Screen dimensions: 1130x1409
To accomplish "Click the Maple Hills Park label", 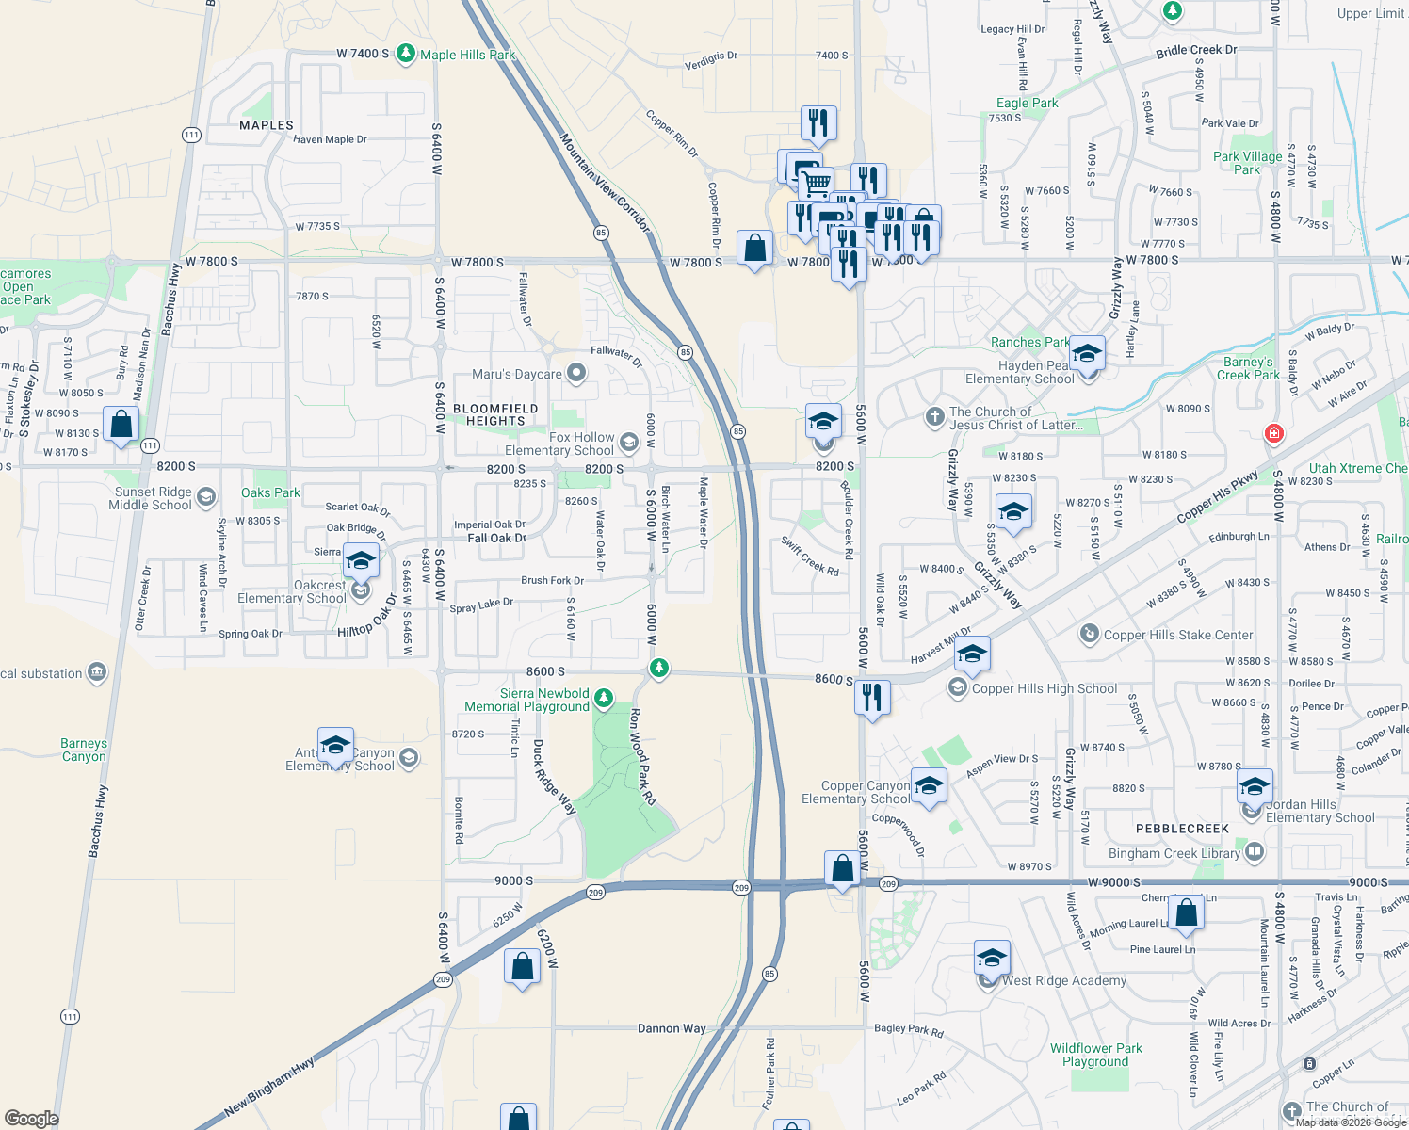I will click(x=467, y=55).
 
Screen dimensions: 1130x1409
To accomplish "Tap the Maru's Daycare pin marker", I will click(x=576, y=374).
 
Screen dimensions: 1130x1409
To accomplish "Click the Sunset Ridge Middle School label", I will click(x=153, y=498).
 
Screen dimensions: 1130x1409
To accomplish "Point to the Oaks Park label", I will click(x=270, y=492).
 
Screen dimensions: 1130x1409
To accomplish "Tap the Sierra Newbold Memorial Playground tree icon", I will click(x=604, y=699).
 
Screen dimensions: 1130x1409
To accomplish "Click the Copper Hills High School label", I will click(x=1044, y=688).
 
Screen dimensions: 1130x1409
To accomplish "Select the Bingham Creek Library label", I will click(x=1174, y=853).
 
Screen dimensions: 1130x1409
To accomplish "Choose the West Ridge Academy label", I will click(x=1063, y=980).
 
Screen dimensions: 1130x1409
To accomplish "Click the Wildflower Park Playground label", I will click(x=1095, y=1055).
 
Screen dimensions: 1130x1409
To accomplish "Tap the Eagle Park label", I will click(x=1027, y=103).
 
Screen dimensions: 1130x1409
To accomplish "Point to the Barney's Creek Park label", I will click(x=1248, y=368).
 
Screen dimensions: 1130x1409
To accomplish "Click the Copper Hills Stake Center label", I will click(x=1177, y=635).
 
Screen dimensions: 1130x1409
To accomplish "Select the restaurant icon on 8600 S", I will click(x=872, y=698).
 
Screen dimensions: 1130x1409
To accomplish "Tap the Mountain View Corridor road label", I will click(x=605, y=183).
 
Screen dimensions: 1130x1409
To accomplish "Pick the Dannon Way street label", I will click(x=672, y=1028).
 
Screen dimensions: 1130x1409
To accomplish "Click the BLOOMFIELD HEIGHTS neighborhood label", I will click(x=495, y=414).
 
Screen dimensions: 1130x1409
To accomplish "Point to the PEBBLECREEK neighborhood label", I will click(x=1182, y=829).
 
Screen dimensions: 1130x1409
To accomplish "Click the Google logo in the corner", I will click(x=32, y=1118).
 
